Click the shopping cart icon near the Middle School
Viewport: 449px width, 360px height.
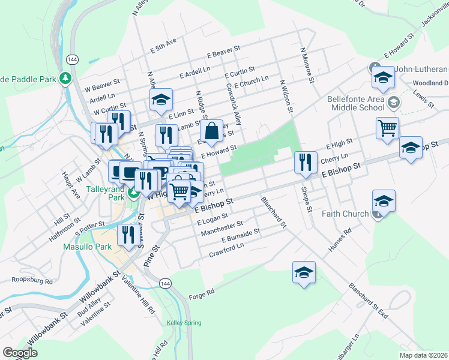[388, 127]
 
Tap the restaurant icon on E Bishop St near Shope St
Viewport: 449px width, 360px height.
[306, 162]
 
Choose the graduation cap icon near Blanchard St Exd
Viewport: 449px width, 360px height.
[304, 272]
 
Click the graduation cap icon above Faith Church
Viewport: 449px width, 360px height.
[384, 201]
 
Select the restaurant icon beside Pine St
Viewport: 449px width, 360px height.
[127, 235]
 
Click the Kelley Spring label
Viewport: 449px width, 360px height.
[183, 323]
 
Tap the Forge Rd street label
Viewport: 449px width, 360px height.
[202, 293]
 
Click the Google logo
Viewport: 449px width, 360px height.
[20, 352]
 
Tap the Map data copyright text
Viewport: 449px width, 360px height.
[423, 355]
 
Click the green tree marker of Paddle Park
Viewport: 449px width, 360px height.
[65, 79]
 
